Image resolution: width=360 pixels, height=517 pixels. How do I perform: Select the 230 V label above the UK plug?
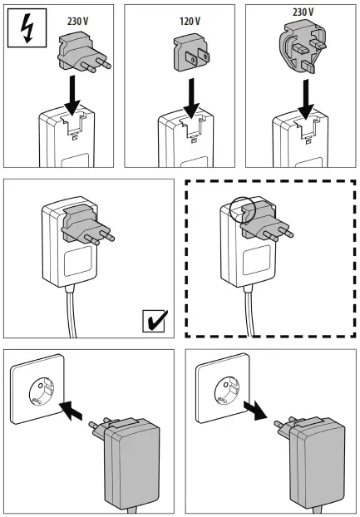303,12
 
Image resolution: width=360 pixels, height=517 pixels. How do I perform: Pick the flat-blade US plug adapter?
190,56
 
